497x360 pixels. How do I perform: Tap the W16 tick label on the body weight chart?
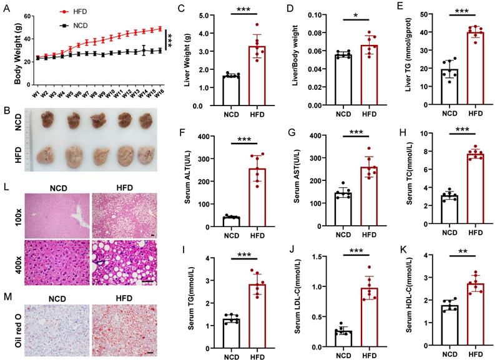160,93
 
